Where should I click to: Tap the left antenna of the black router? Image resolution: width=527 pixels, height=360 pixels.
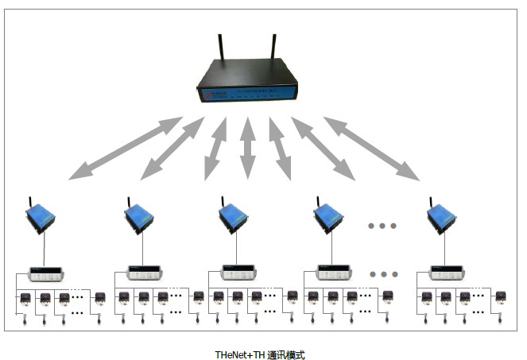[x=219, y=51]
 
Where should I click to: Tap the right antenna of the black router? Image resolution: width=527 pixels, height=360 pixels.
[x=273, y=51]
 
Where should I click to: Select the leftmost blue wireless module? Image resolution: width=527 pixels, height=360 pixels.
[x=41, y=217]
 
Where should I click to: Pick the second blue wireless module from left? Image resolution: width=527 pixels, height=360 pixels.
[x=139, y=217]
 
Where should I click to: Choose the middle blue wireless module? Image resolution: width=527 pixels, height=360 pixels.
[x=234, y=217]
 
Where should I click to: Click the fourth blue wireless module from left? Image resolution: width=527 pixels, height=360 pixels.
[x=327, y=217]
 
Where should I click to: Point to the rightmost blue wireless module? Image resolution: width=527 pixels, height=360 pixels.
[x=441, y=217]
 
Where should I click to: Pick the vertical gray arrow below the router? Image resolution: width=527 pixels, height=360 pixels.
[x=248, y=148]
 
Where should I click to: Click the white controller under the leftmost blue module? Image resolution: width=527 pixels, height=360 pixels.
[x=45, y=273]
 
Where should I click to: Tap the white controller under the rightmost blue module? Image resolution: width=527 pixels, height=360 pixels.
[x=447, y=273]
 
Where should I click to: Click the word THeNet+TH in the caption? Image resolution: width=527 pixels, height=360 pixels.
[x=238, y=354]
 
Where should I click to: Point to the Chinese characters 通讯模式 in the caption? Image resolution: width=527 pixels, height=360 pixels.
[x=286, y=354]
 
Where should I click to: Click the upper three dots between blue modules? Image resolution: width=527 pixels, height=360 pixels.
[x=382, y=226]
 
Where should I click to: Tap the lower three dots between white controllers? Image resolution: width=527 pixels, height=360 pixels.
[x=384, y=274]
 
